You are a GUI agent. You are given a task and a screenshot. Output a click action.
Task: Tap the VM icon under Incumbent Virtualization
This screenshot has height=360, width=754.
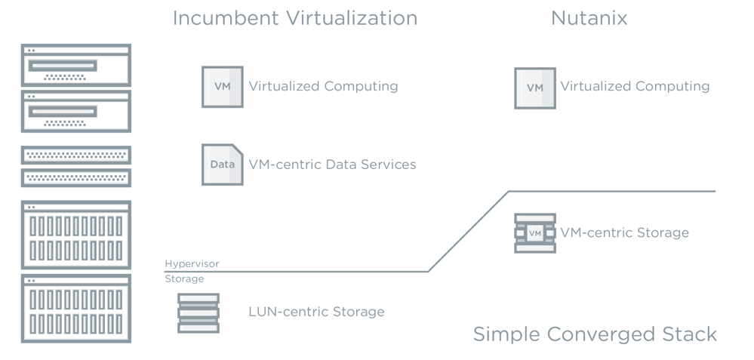[222, 86]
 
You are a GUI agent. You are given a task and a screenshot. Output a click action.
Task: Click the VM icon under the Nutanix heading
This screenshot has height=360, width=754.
[534, 88]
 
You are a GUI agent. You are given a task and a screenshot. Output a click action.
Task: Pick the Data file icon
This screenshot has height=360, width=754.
[222, 164]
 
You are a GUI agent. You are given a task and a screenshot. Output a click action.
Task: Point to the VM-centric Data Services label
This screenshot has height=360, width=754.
[332, 164]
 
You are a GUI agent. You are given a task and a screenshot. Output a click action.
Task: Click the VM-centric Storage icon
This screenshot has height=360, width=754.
[534, 232]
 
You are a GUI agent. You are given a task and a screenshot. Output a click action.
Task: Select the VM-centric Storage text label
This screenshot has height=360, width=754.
[624, 232]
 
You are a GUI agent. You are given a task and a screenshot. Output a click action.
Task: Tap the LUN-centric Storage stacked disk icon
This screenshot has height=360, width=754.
[198, 312]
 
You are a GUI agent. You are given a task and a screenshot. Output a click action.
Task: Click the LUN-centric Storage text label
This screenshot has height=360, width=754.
[316, 312]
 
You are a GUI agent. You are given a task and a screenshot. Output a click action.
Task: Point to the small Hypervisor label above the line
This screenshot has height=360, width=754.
[192, 264]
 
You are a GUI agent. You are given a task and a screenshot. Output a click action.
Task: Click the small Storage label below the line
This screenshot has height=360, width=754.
[184, 279]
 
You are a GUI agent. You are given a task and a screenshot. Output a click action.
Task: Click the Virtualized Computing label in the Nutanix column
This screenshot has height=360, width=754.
[635, 86]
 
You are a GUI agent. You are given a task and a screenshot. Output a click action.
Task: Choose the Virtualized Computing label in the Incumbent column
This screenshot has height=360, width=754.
[323, 86]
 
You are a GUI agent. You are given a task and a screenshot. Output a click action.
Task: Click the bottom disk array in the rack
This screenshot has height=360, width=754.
[75, 309]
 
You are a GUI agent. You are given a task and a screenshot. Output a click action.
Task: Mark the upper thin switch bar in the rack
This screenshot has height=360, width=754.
[75, 155]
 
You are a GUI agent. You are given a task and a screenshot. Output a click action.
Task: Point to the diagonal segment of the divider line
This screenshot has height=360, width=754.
[468, 231]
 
